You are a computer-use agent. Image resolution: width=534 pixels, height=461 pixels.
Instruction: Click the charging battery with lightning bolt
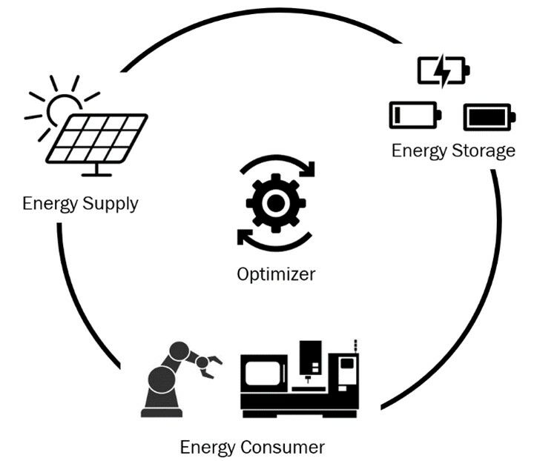click(443, 71)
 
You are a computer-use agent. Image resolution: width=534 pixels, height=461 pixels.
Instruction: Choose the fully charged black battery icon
click(489, 116)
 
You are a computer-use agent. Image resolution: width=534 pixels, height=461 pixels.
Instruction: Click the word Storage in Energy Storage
click(484, 151)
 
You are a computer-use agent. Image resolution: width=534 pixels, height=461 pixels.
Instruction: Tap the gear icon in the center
click(275, 201)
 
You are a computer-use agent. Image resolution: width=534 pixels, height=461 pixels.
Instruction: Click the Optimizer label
click(276, 273)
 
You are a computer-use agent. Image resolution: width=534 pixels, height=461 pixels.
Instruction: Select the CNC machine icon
click(300, 378)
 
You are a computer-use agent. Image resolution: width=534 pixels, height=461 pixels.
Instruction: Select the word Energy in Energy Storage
click(419, 151)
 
